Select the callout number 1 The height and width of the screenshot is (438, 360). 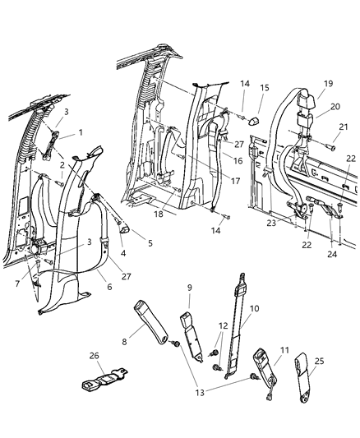(x=80, y=133)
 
